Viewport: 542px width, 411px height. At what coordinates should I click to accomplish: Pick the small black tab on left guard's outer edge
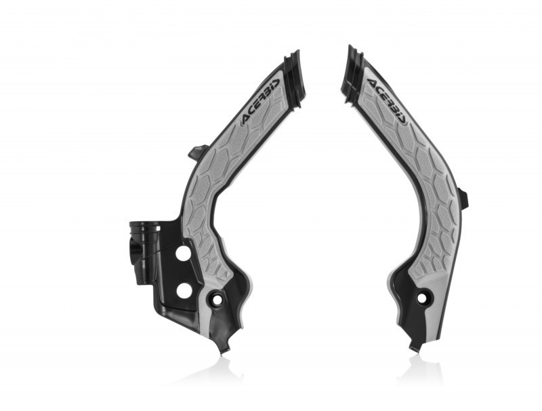coord(196,152)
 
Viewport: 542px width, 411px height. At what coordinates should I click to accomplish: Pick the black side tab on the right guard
coord(463,199)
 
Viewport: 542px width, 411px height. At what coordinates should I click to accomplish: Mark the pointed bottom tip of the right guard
coord(415,348)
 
